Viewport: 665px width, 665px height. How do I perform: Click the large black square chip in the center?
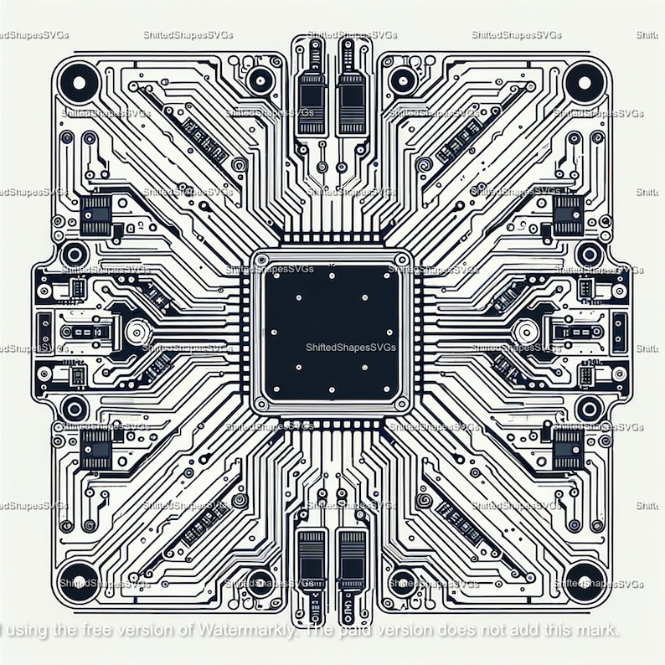point(331,332)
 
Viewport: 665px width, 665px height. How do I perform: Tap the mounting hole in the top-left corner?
point(79,82)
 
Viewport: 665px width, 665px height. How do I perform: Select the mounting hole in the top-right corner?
point(585,82)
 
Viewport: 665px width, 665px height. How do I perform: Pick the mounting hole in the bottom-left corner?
point(79,581)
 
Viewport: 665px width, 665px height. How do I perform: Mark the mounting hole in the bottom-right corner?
point(585,581)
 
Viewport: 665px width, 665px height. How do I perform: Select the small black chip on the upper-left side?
point(95,214)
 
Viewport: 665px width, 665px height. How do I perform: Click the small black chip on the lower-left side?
point(95,448)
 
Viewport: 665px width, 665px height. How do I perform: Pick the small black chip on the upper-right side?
point(568,214)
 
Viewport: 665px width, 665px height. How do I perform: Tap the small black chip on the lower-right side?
point(568,448)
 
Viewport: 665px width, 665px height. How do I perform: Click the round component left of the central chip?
point(135,332)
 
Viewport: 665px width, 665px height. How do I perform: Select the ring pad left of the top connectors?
point(260,80)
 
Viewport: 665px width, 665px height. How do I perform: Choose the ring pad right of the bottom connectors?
point(404,584)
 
